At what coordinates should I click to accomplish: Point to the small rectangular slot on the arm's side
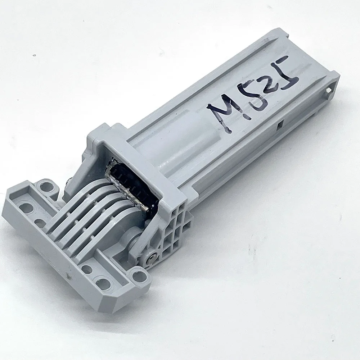(280, 126)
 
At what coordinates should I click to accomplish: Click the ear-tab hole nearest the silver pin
(136, 277)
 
